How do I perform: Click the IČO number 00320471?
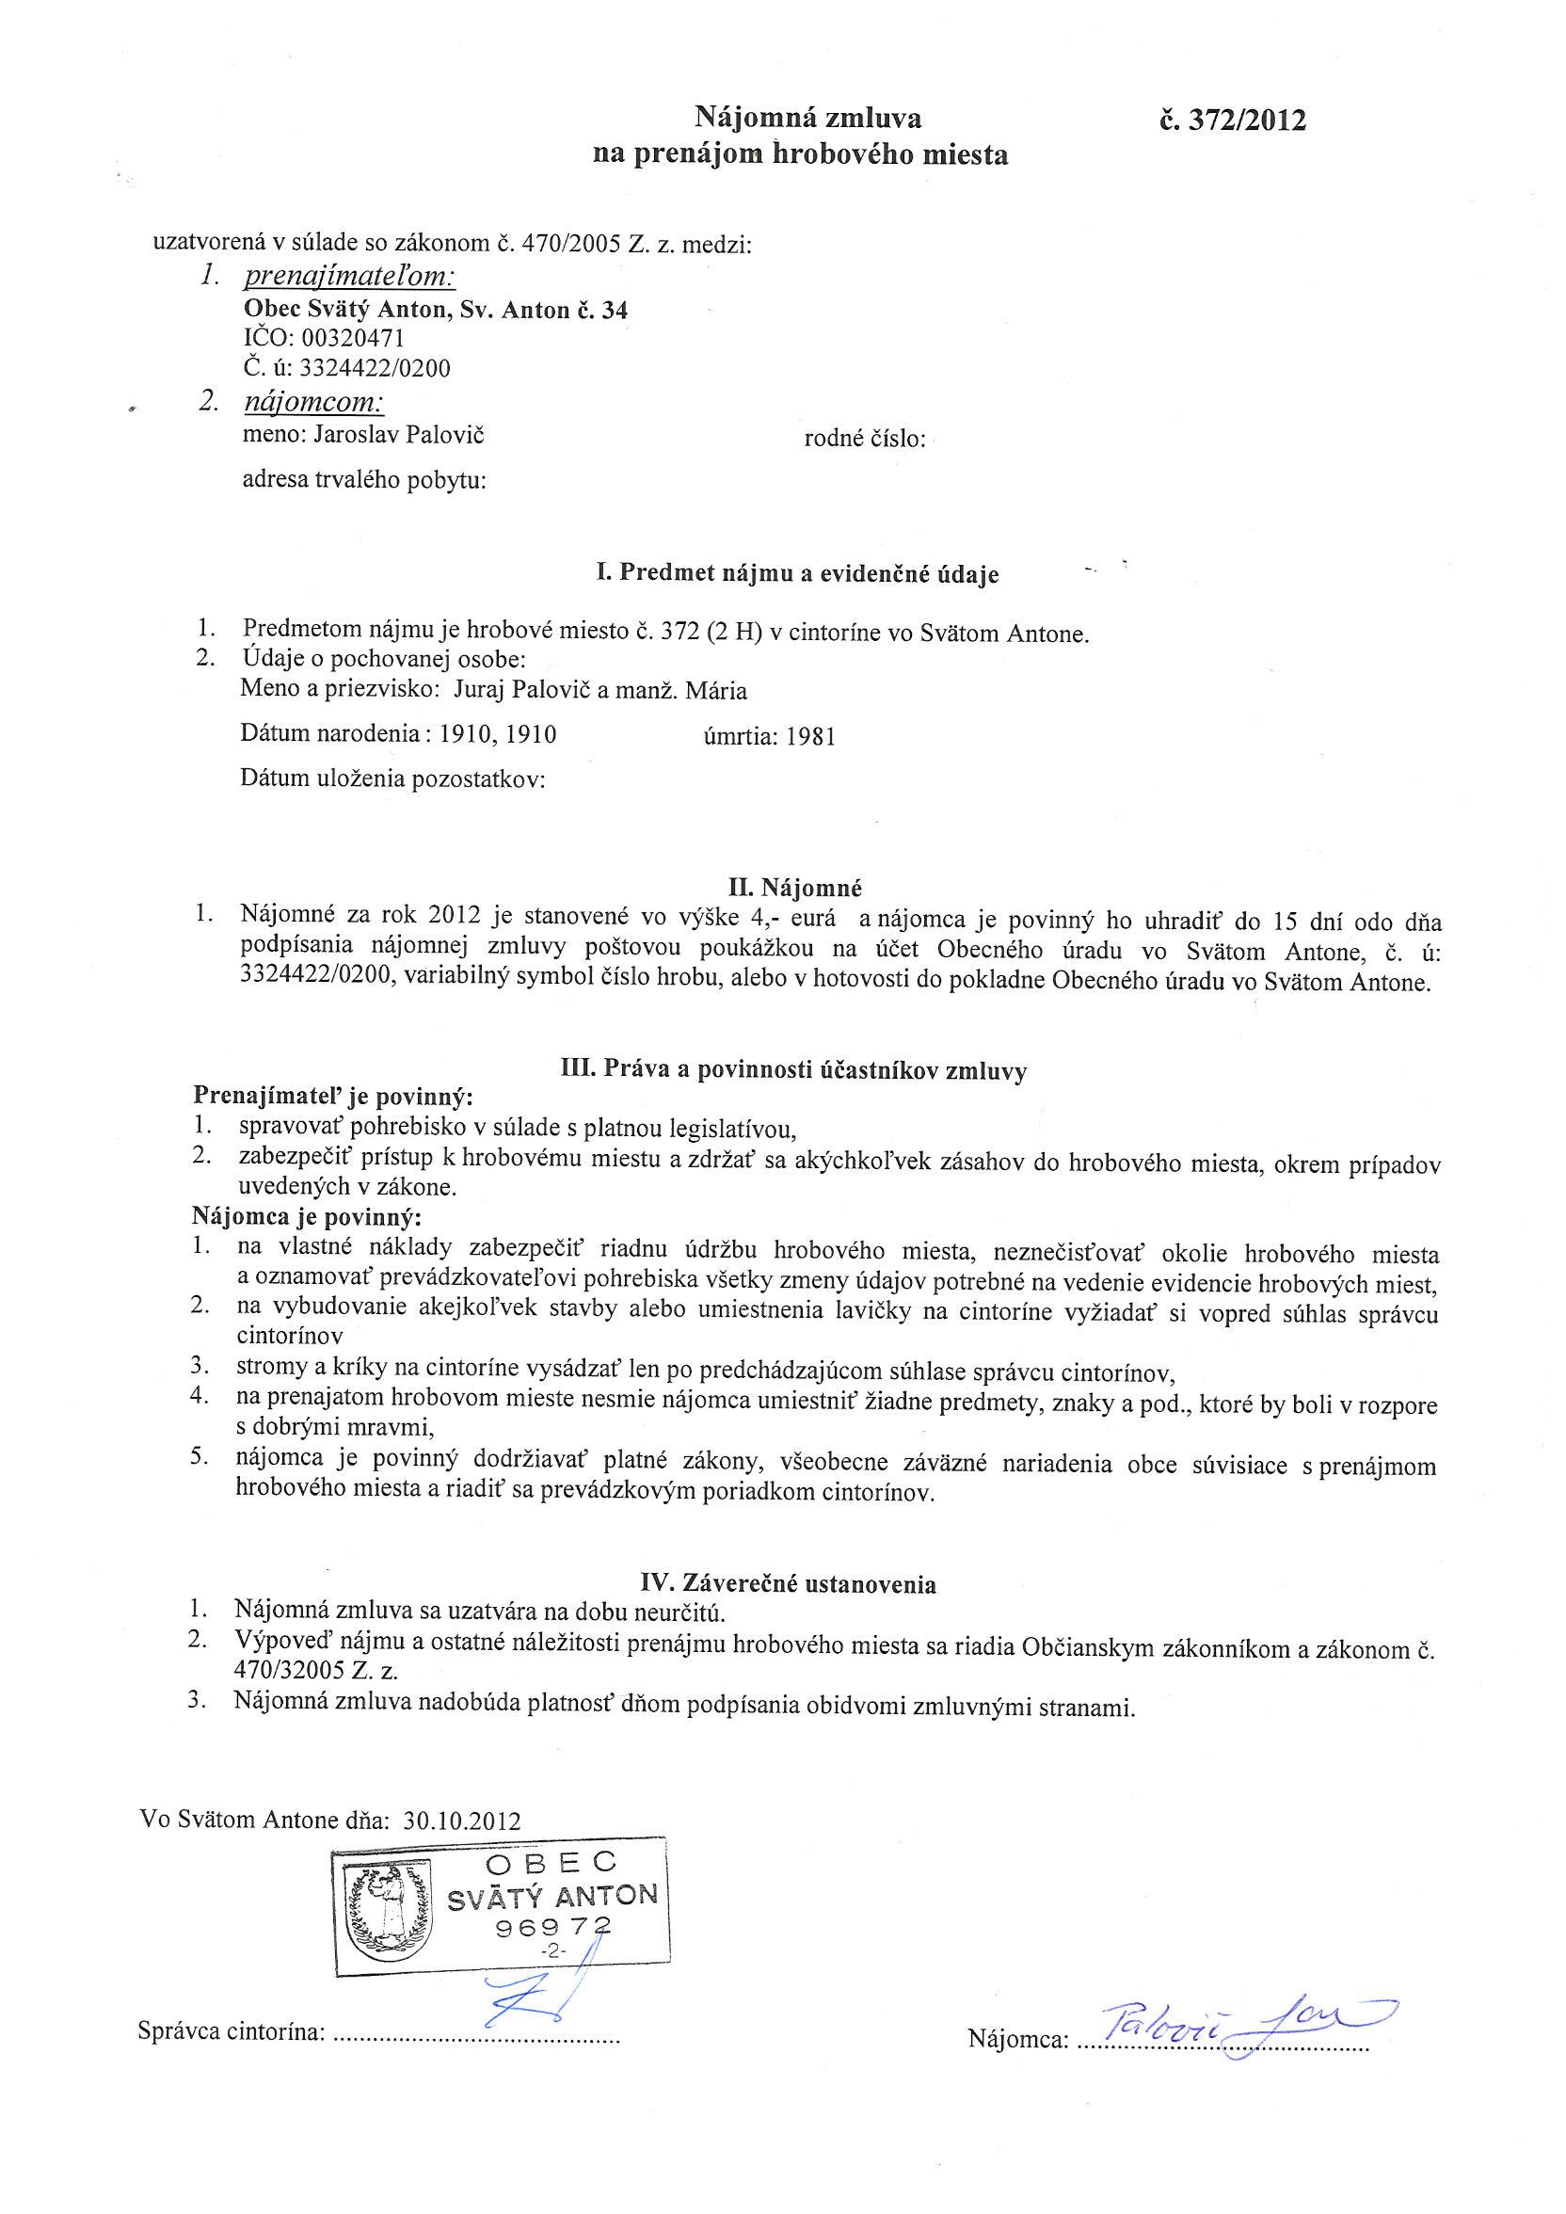tap(353, 339)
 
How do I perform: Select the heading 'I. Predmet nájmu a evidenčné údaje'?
tap(797, 574)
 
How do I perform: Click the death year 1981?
tap(811, 738)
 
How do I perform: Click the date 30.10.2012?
tap(463, 1821)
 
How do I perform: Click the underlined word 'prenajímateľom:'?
tap(349, 278)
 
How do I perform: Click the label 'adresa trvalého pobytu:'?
tap(363, 479)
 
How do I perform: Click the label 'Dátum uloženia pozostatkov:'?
tap(393, 779)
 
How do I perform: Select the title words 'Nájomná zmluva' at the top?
tap(808, 119)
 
